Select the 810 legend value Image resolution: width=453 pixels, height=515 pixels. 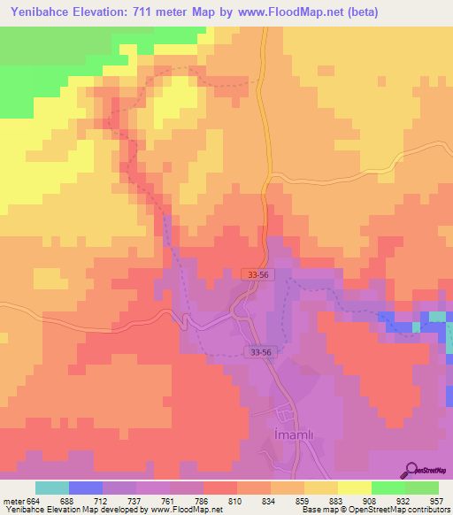click(x=234, y=500)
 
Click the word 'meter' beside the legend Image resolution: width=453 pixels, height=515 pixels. click(x=14, y=500)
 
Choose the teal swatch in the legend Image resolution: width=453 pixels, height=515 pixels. click(x=52, y=488)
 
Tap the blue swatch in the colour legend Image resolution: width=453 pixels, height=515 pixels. click(x=86, y=488)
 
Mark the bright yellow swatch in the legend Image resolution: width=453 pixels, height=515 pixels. click(x=354, y=488)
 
